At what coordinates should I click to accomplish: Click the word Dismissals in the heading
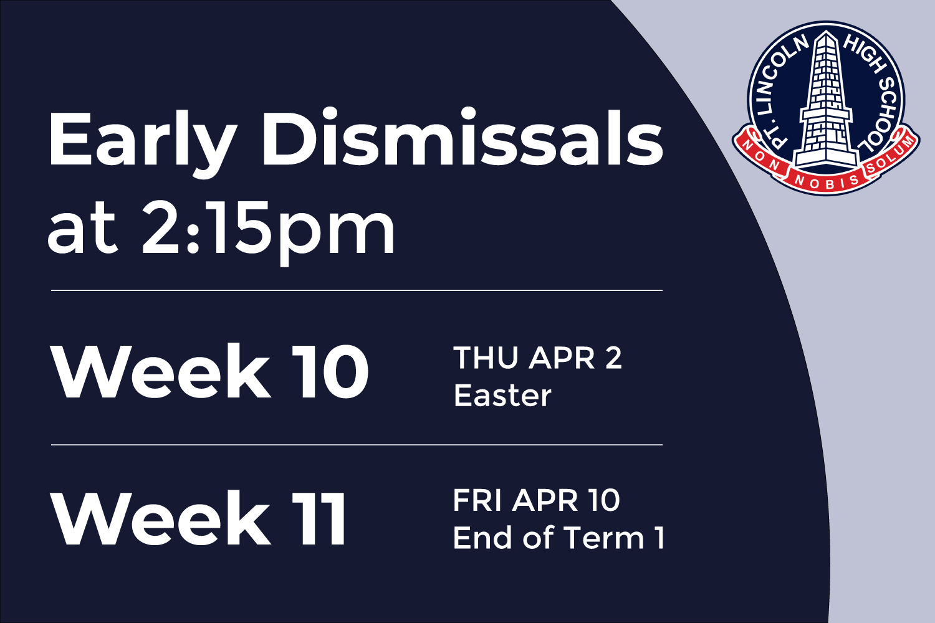click(462, 137)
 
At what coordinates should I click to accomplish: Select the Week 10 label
click(209, 372)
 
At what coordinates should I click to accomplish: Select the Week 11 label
click(199, 518)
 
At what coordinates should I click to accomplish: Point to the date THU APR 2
click(537, 358)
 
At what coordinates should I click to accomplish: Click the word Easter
click(502, 395)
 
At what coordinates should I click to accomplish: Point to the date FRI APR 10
click(536, 500)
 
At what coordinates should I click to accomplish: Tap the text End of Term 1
click(559, 538)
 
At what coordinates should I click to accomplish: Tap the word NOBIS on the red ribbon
click(827, 182)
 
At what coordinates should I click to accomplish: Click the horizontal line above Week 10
click(357, 290)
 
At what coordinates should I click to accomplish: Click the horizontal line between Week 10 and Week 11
click(357, 445)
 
